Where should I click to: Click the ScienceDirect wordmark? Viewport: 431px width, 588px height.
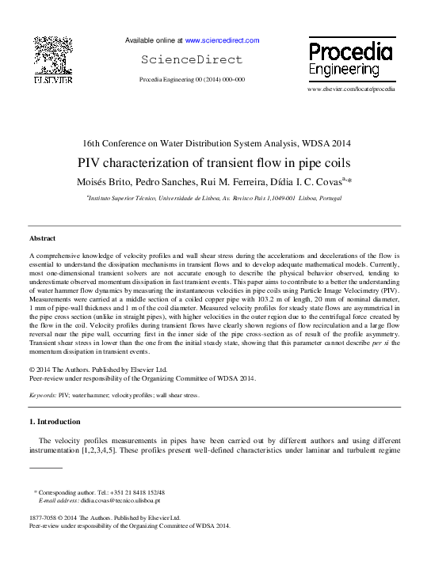(x=193, y=59)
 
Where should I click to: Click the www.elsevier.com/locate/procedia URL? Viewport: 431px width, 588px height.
(x=349, y=89)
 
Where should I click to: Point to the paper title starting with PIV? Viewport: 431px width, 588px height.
(x=215, y=164)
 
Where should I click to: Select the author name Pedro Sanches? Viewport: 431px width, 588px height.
(x=170, y=182)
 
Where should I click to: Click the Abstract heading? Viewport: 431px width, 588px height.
(x=43, y=238)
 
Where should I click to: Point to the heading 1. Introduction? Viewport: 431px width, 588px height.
(x=58, y=421)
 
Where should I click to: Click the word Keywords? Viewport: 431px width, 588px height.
(x=42, y=395)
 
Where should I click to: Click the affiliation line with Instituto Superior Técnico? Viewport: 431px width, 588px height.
(x=215, y=198)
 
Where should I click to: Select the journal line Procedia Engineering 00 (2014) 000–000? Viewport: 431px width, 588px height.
(x=192, y=80)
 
